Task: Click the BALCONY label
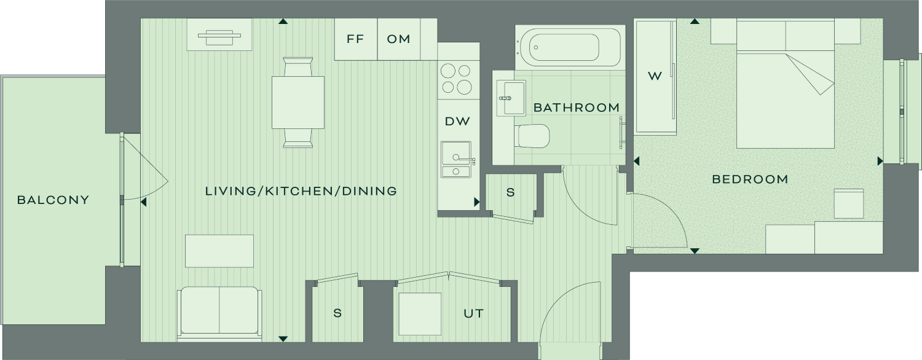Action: pyautogui.click(x=53, y=200)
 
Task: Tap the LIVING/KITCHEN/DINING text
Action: pyautogui.click(x=301, y=191)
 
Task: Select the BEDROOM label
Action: pyautogui.click(x=750, y=179)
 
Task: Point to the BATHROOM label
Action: pyautogui.click(x=577, y=108)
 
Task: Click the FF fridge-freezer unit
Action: pyautogui.click(x=356, y=39)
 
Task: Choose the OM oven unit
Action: pyautogui.click(x=398, y=39)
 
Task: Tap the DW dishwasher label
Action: pyautogui.click(x=457, y=122)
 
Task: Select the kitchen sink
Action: pyautogui.click(x=457, y=160)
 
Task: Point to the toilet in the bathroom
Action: pyautogui.click(x=534, y=136)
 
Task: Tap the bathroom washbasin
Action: pyautogui.click(x=511, y=98)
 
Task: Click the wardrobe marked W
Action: pyautogui.click(x=655, y=77)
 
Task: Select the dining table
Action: pyautogui.click(x=298, y=103)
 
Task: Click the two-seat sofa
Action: pyautogui.click(x=219, y=313)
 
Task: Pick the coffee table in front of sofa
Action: pyautogui.click(x=219, y=251)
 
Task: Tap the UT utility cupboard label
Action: pyautogui.click(x=473, y=314)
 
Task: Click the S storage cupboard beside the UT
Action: pyautogui.click(x=337, y=313)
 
